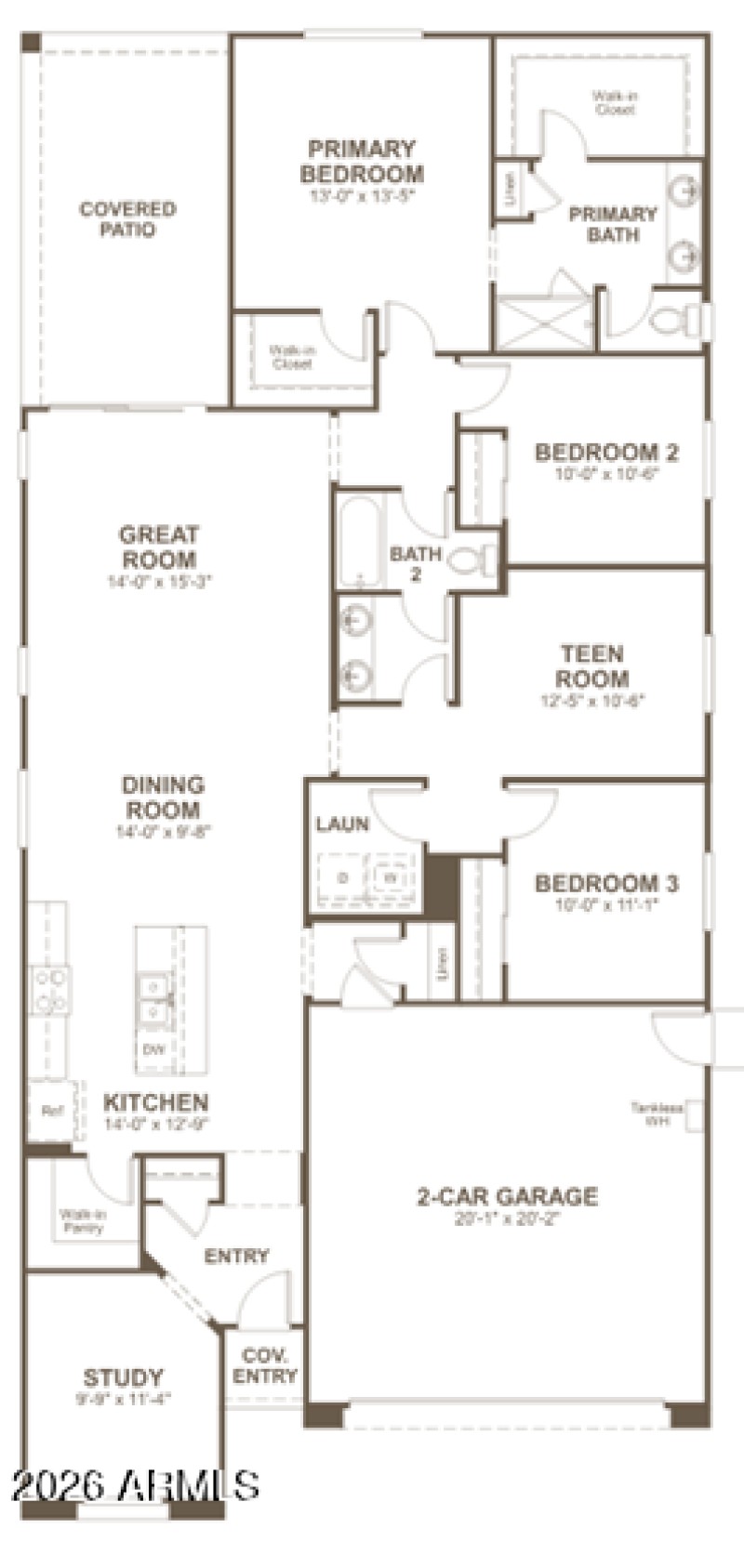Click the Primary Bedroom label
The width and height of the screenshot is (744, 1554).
(362, 161)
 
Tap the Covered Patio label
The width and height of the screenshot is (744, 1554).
(128, 219)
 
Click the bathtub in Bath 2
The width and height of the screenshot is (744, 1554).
(359, 542)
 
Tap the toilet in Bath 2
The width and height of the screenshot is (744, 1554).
(472, 560)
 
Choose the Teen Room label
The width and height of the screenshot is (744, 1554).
(592, 665)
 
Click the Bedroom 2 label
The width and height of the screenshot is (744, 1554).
(606, 453)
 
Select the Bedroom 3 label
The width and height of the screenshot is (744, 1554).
(606, 882)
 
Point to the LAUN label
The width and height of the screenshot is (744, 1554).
(342, 823)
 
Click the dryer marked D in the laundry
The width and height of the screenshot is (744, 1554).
(342, 877)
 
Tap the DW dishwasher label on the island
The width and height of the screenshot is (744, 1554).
(153, 1050)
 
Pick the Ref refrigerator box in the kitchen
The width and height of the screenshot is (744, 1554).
(50, 1110)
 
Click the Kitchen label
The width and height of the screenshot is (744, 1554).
(155, 1103)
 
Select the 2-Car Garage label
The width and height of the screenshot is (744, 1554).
(507, 1196)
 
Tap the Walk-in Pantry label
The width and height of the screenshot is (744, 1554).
(83, 1220)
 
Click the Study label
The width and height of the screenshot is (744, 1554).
(123, 1376)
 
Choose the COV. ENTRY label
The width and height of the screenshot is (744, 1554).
(265, 1365)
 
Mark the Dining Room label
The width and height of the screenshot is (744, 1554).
(163, 797)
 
